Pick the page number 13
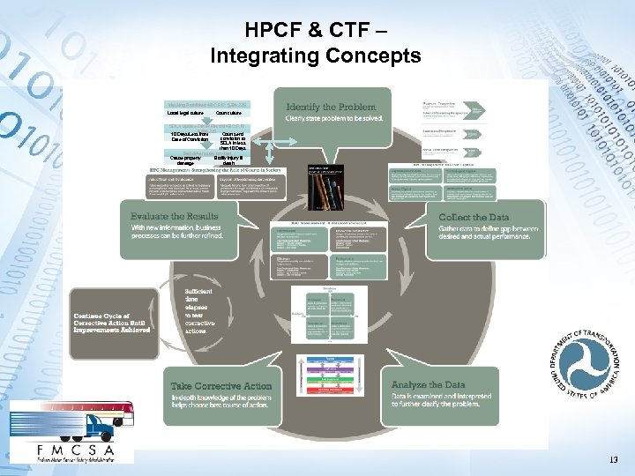coord(613,460)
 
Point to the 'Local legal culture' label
coord(184,114)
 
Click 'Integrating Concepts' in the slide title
coord(316,56)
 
